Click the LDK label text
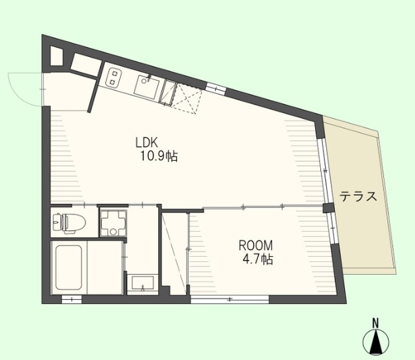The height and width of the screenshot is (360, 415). (147, 143)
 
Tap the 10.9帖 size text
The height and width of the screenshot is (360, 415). (159, 156)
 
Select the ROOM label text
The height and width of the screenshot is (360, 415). (255, 246)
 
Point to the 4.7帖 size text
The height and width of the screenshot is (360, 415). (258, 259)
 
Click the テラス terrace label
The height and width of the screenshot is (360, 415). (358, 197)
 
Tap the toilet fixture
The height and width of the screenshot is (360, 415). (69, 222)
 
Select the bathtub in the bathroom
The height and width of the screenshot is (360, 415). (69, 267)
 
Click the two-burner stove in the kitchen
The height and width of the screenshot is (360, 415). (114, 77)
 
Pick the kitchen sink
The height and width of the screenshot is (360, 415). (147, 87)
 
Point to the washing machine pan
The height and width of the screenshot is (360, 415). (114, 223)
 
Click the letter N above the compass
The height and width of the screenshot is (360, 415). (375, 323)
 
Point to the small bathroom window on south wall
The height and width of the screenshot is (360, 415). (71, 299)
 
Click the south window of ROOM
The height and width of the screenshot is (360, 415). (230, 299)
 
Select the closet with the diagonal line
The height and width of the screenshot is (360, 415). (175, 253)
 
